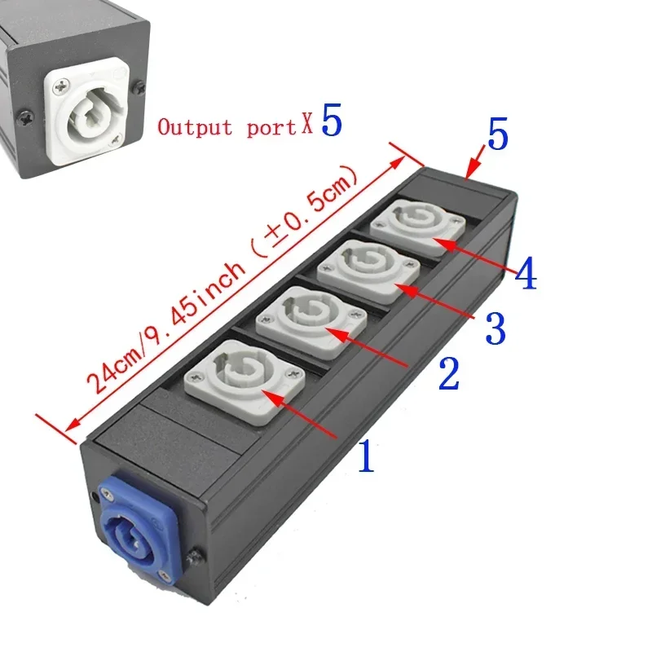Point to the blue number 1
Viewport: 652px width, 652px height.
[x=366, y=457]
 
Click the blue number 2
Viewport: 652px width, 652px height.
[x=449, y=375]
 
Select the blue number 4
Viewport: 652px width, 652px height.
[x=526, y=275]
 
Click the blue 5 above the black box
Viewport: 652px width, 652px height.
[x=498, y=135]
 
